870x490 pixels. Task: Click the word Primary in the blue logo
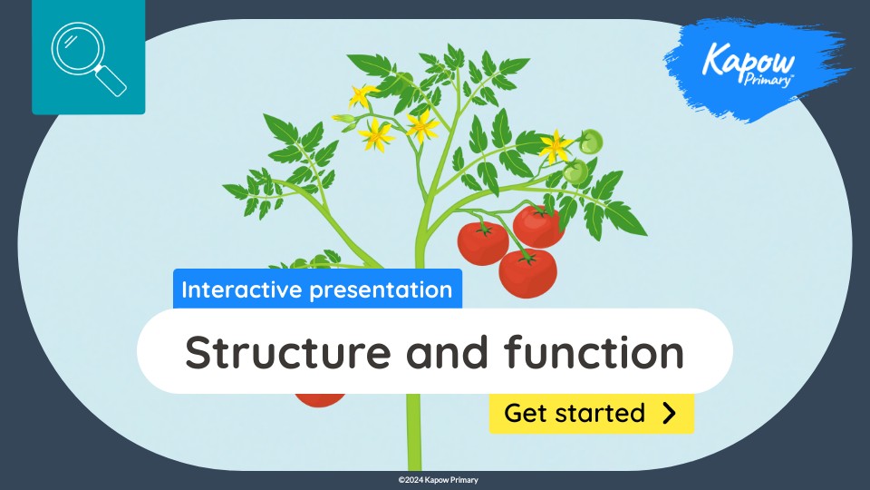tap(768, 79)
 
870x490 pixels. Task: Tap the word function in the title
tap(593, 352)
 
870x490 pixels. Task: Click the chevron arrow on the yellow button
tap(669, 414)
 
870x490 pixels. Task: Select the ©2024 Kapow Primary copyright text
tap(435, 479)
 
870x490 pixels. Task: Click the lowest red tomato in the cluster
tap(527, 271)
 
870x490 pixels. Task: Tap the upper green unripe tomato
tap(591, 142)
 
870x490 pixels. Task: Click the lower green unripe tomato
tap(575, 171)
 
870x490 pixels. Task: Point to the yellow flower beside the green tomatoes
tap(554, 145)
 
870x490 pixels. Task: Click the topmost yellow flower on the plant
tap(362, 94)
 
